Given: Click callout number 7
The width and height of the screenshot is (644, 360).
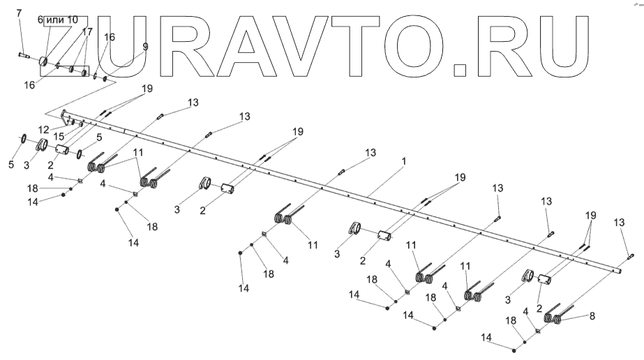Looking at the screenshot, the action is click(19, 13).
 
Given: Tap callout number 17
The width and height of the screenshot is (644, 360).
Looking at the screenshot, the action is click(87, 32).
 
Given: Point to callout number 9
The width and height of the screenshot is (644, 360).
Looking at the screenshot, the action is click(145, 47).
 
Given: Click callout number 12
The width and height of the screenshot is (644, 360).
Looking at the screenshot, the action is click(44, 129).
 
